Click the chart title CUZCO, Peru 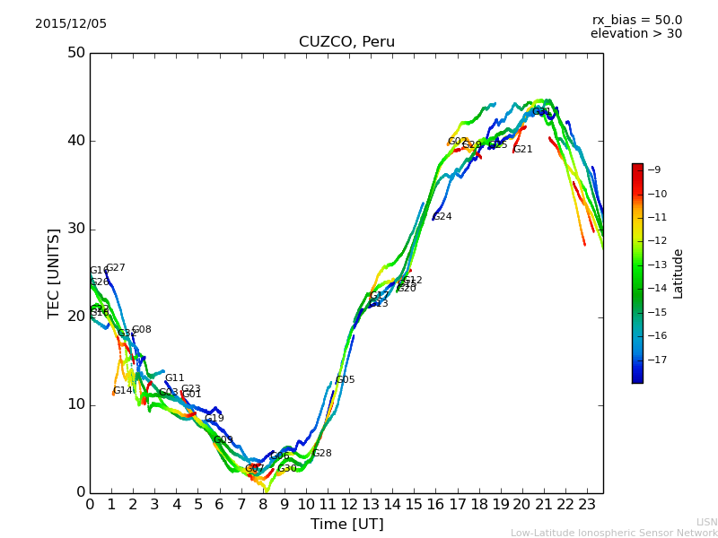point(346,42)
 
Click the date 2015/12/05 point(71,23)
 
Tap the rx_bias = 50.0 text point(636,20)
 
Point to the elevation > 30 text point(636,34)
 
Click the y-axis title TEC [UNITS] point(54,273)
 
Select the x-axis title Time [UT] point(346,524)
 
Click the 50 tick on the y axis point(75,53)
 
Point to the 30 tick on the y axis point(75,229)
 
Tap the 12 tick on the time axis point(349,505)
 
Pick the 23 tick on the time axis point(587,505)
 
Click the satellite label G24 point(442,217)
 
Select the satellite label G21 point(523,150)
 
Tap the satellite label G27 point(116,268)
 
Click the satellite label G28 point(322,454)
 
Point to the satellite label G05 point(346,380)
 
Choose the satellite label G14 point(123,391)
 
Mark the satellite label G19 point(215,419)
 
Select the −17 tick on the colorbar point(656,360)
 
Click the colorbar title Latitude point(679,273)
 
